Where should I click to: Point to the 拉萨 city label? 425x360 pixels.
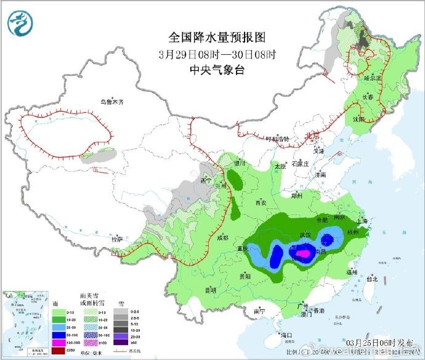point(118,238)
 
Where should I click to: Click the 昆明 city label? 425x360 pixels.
point(211,289)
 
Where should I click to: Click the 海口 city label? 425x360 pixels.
point(285,335)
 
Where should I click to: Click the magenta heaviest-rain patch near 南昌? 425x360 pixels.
point(302,253)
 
